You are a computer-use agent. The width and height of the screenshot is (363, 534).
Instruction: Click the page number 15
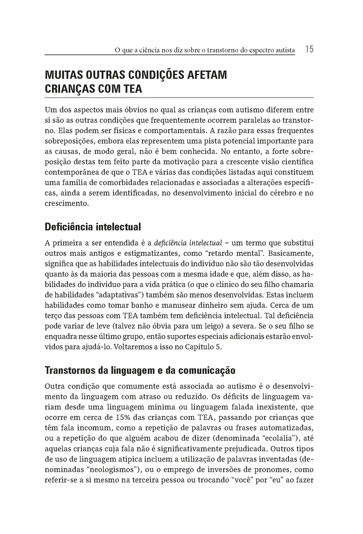309,49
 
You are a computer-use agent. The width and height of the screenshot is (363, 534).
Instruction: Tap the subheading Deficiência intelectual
93,227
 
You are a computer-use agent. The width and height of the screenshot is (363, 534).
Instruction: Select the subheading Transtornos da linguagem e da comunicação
140,370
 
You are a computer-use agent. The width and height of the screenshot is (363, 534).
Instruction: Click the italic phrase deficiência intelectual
188,243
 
